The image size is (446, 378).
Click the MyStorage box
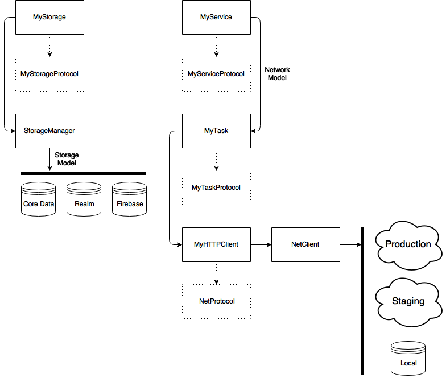[49, 17]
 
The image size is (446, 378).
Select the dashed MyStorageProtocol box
[49, 74]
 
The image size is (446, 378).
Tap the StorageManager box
[49, 131]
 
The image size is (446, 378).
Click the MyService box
[216, 17]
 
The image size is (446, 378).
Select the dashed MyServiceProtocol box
[216, 74]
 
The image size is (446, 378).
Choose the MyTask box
[216, 131]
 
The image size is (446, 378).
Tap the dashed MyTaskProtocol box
[216, 188]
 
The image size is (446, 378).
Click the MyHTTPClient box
[216, 244]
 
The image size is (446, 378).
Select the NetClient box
[305, 244]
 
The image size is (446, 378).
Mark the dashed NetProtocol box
[216, 301]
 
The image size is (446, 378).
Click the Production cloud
[408, 246]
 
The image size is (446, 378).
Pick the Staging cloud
[408, 302]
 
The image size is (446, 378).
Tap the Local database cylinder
[408, 358]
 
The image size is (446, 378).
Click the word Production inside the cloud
[408, 244]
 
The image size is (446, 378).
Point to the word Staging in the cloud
[408, 301]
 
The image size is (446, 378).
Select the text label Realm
[84, 204]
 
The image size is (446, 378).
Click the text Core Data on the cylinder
[38, 204]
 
